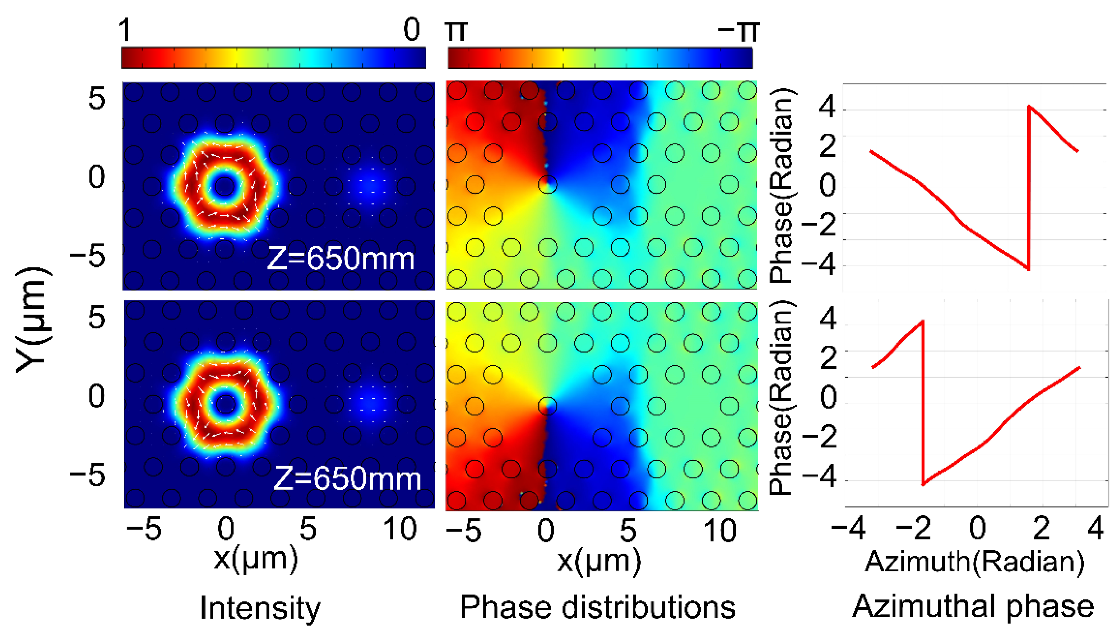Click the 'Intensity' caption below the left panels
pos(260,608)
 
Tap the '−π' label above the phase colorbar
pos(738,30)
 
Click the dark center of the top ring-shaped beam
pos(225,186)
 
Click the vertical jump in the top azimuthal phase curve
pos(1029,187)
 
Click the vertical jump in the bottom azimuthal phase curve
pos(923,402)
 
